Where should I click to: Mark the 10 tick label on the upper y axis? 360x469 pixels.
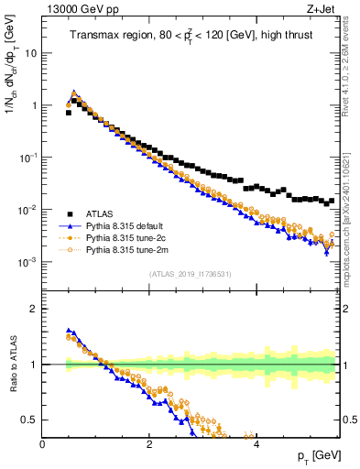pos(30,53)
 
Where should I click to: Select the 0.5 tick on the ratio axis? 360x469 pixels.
pos(30,420)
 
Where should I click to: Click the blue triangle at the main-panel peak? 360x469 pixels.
pos(74,93)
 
